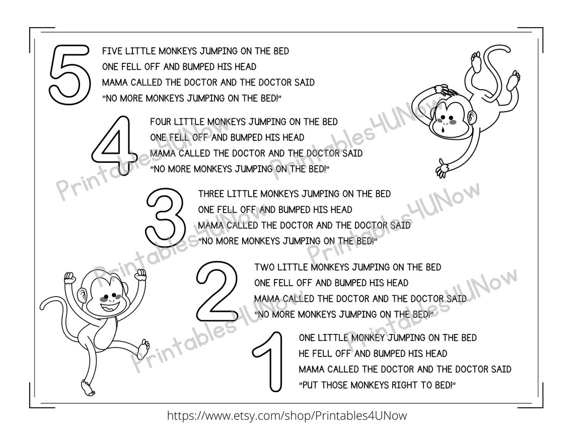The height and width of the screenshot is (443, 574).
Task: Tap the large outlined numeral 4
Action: point(114,145)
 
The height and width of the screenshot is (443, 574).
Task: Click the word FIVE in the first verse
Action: point(111,51)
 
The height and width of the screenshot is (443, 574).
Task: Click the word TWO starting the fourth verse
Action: point(264,267)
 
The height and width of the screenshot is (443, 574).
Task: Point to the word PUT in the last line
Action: point(312,385)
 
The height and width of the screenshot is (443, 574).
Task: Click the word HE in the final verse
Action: point(304,353)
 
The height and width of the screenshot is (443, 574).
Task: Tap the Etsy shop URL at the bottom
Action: point(286,416)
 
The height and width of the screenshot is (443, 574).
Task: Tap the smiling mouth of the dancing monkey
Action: point(106,305)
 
